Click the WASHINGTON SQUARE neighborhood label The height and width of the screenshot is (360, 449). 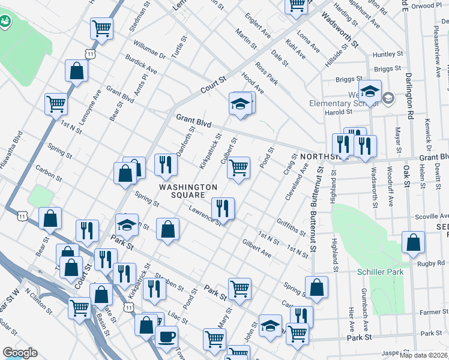188,191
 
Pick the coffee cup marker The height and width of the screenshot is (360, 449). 166,337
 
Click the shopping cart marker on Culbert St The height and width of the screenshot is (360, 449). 239,168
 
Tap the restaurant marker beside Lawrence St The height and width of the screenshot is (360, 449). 223,209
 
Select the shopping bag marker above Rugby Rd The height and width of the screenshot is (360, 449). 414,243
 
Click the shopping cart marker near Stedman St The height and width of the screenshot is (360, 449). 101,28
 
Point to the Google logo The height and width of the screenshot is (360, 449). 20,353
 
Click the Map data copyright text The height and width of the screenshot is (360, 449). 423,355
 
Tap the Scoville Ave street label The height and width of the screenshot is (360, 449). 432,217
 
